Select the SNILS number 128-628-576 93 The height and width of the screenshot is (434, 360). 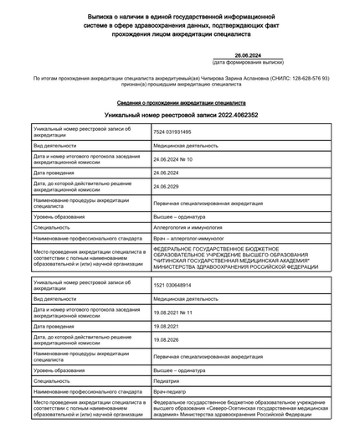306,78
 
